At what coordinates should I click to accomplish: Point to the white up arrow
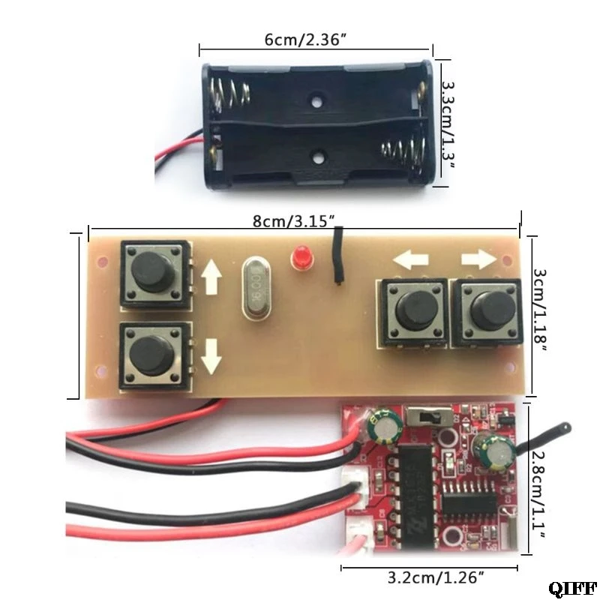click(x=211, y=280)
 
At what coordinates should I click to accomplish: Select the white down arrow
click(x=211, y=355)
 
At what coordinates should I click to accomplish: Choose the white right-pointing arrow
click(x=478, y=259)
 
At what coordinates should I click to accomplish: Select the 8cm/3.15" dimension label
click(x=298, y=221)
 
